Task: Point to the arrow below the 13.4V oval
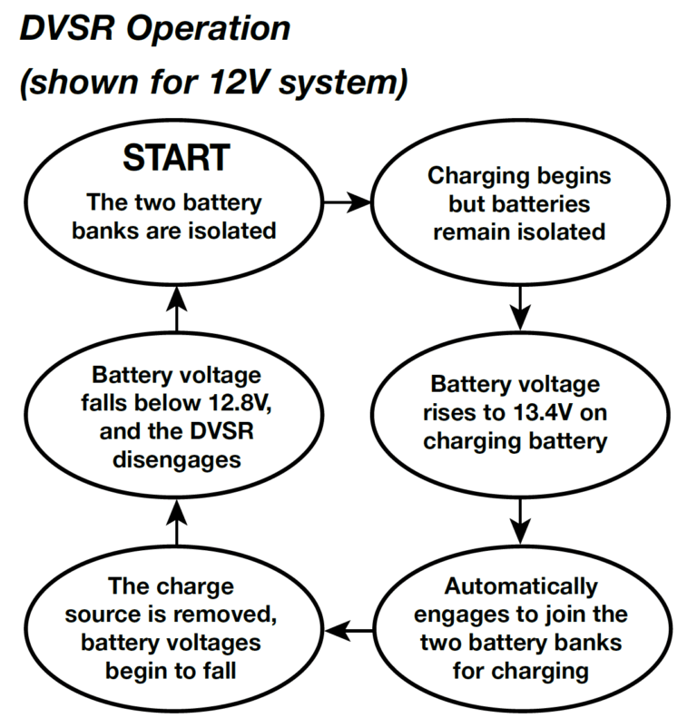click(518, 519)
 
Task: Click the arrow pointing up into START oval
click(178, 309)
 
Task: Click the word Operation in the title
click(210, 30)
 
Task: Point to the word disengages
click(177, 461)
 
